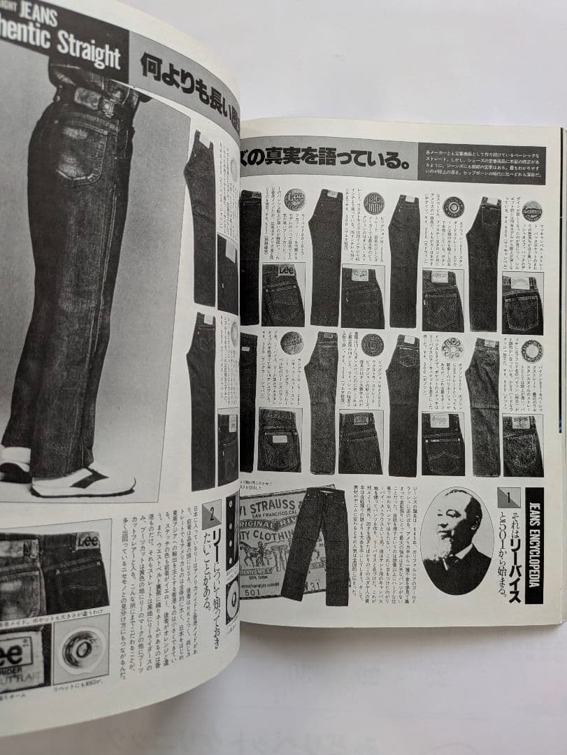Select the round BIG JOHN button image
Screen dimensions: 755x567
(374, 203)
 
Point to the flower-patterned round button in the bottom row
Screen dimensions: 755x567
(452, 347)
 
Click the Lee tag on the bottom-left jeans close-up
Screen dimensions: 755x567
(87, 540)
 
